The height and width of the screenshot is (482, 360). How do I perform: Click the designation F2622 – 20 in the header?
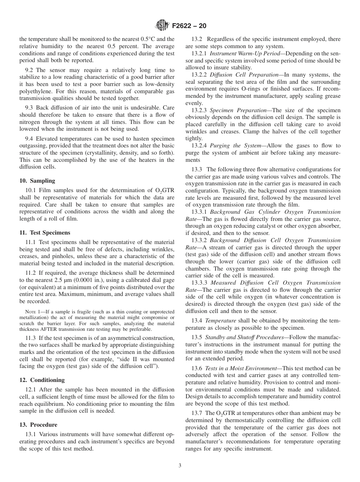point(189,27)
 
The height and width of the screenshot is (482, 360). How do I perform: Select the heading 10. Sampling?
point(37,181)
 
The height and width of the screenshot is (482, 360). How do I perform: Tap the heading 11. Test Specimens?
point(45,233)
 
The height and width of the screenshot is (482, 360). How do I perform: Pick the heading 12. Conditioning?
point(42,380)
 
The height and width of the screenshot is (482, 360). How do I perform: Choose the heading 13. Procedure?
point(38,425)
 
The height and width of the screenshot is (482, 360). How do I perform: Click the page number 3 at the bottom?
point(180,466)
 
